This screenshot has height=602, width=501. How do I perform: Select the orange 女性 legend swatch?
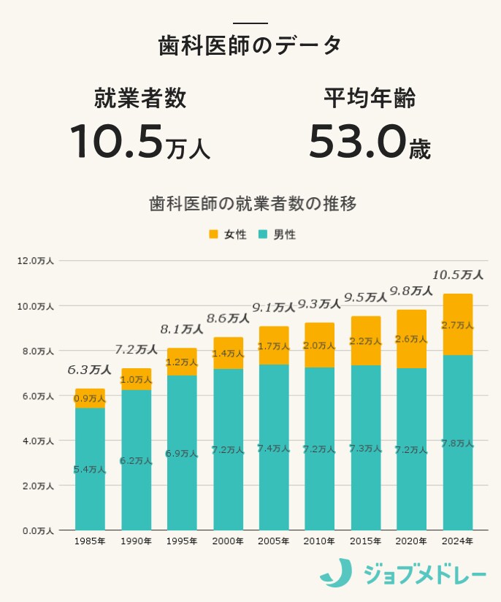(x=213, y=235)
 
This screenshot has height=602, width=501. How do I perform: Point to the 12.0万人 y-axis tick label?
(x=36, y=261)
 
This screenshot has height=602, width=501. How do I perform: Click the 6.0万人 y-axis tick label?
(x=36, y=396)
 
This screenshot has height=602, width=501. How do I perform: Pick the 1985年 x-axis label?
(x=90, y=541)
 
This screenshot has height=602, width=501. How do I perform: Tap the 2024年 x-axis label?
(x=458, y=541)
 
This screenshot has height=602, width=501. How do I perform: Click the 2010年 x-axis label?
(x=320, y=541)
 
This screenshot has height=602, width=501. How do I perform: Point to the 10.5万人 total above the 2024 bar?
(x=457, y=275)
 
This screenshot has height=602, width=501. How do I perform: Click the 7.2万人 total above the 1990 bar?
(x=136, y=349)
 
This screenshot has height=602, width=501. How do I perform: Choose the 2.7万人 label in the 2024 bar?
(x=458, y=325)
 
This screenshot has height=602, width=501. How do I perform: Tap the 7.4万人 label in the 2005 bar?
(x=274, y=449)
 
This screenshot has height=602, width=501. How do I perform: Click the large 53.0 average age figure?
(x=356, y=141)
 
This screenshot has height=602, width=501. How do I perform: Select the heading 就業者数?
(x=139, y=99)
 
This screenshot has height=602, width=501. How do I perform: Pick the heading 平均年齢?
(x=370, y=99)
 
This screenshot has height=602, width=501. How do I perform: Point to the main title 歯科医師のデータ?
(x=250, y=45)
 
